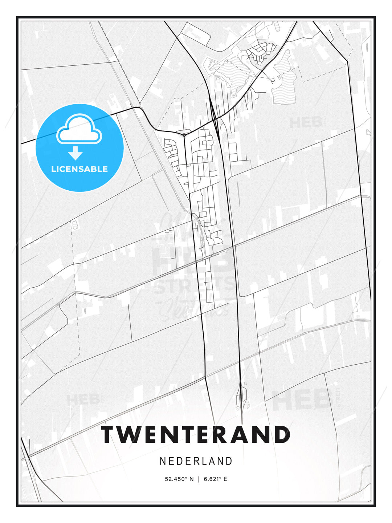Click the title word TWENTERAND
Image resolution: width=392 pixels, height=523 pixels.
(196, 435)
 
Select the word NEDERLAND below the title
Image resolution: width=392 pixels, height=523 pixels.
(196, 461)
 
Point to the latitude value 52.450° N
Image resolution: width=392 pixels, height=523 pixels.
(179, 479)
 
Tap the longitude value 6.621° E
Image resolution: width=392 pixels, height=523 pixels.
(215, 479)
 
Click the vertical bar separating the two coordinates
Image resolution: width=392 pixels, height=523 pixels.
(199, 479)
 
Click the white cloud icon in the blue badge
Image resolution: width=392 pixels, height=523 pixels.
(79, 130)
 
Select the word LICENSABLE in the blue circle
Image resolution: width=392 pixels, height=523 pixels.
(79, 169)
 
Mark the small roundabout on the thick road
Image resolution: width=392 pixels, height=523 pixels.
(184, 135)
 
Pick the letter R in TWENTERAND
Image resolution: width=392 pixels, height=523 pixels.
(227, 435)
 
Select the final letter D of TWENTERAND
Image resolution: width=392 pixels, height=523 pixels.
(281, 435)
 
